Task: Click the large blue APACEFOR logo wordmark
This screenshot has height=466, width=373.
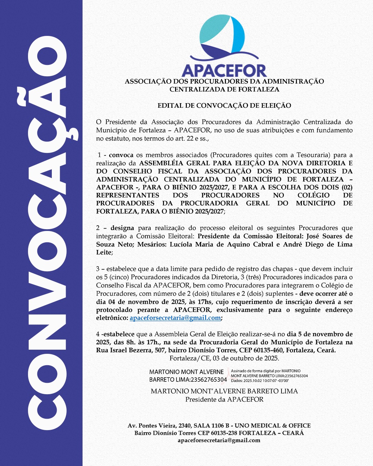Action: (224, 71)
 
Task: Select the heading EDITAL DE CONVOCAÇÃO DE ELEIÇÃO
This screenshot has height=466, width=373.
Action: (224, 106)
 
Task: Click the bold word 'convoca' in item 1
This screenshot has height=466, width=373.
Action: (121, 155)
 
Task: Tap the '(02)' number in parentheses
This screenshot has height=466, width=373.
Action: (347, 187)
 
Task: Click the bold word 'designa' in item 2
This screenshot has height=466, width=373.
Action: (122, 228)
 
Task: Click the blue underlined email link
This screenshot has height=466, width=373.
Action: (175, 318)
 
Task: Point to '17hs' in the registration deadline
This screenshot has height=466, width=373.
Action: (205, 302)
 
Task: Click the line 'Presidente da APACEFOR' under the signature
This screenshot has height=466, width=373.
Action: (224, 399)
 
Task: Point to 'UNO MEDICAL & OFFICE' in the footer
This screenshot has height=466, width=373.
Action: (272, 426)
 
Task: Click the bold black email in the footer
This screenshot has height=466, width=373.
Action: (219, 440)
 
